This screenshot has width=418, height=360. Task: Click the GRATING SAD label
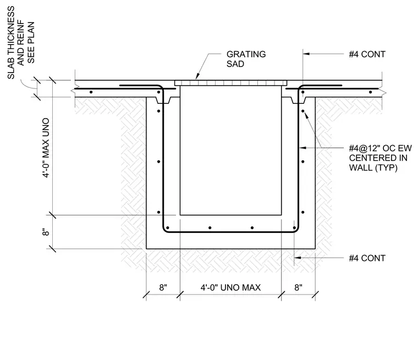click(x=246, y=59)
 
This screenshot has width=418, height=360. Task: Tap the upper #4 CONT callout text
click(x=367, y=54)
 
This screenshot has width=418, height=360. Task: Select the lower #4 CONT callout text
click(x=367, y=258)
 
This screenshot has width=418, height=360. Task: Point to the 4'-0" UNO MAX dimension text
click(x=230, y=287)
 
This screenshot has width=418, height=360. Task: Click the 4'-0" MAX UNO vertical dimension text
click(x=46, y=148)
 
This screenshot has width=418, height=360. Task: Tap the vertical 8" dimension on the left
click(x=46, y=232)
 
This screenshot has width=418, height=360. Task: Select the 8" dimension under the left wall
click(x=163, y=287)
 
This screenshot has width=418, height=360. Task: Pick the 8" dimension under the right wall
click(x=298, y=287)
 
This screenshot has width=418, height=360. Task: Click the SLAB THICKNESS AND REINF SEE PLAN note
click(x=21, y=43)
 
